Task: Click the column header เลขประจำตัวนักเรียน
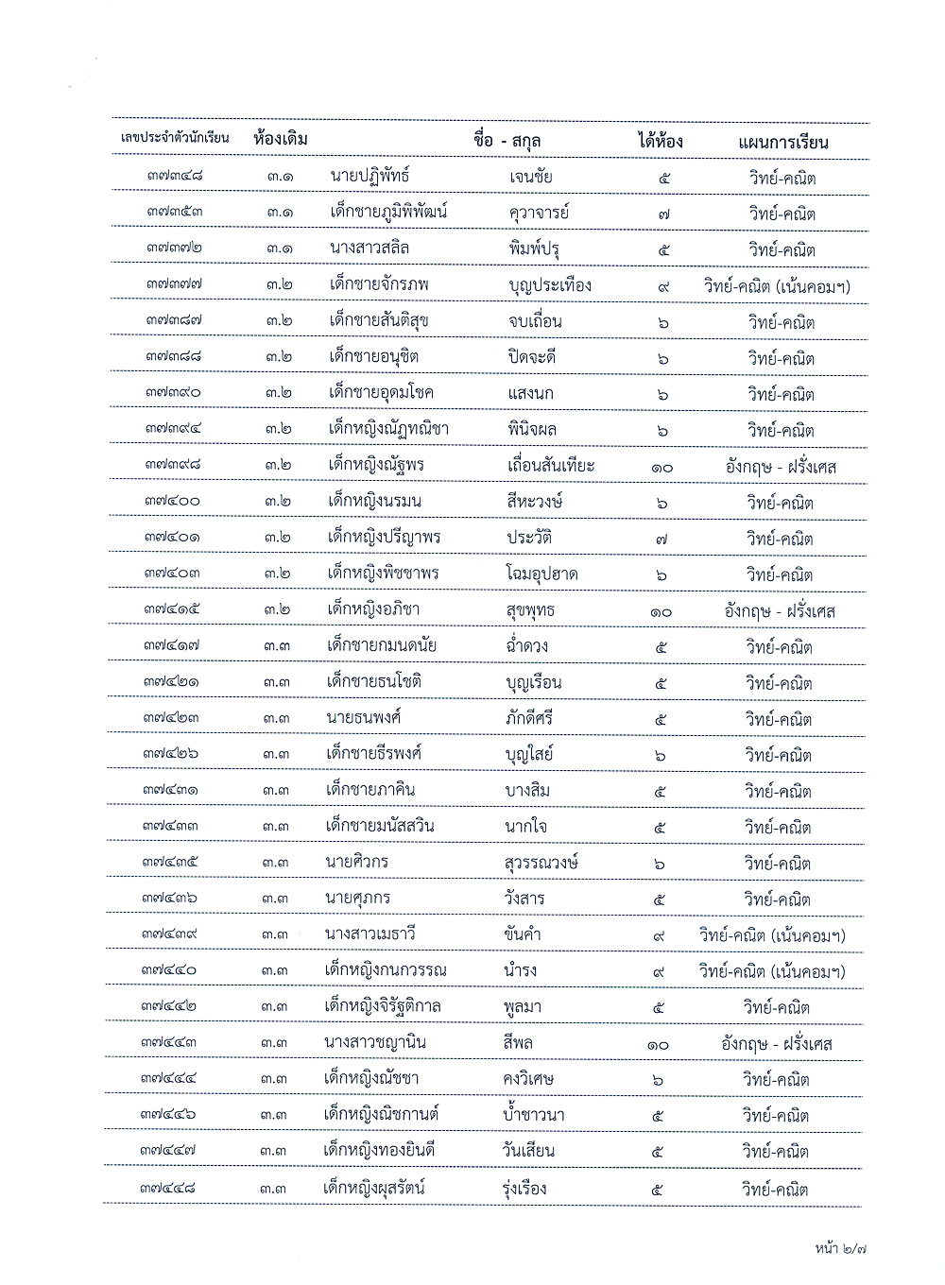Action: point(175,138)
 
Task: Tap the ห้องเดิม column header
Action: point(281,139)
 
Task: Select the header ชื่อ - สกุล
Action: point(507,141)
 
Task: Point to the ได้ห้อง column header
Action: point(660,142)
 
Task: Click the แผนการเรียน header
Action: point(782,143)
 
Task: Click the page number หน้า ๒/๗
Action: point(840,1248)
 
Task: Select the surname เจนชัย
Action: point(530,177)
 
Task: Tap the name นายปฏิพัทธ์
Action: point(369,176)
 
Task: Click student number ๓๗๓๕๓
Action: point(175,212)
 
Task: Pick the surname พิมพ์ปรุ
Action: point(533,249)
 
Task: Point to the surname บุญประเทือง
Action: point(549,285)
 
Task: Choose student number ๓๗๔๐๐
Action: point(173,501)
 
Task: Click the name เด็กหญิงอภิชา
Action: point(373,609)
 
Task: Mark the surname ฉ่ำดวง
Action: point(526,646)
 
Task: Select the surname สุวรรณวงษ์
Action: point(541,863)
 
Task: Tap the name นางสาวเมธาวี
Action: point(369,934)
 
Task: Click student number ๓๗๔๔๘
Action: point(168,1188)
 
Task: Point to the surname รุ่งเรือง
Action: point(524,1189)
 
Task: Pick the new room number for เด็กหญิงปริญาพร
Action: point(662,539)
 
